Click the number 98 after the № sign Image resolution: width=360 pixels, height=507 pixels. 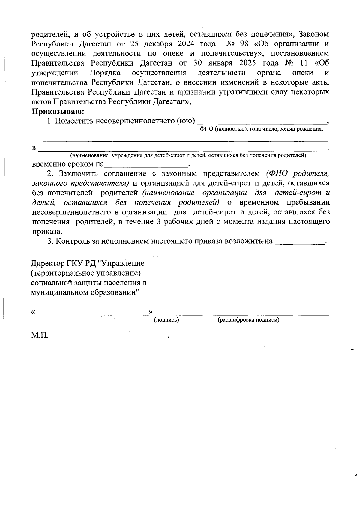(245, 44)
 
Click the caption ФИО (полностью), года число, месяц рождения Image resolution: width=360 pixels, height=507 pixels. (261, 129)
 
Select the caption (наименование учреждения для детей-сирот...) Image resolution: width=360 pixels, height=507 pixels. (188, 155)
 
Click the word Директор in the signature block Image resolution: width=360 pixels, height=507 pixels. (47, 263)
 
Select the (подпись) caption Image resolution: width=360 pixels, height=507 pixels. (166, 320)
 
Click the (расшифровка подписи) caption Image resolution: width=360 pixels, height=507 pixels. (248, 320)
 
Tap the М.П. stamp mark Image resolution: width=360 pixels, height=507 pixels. (40, 335)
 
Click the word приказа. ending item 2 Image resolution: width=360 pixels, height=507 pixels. (47, 232)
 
